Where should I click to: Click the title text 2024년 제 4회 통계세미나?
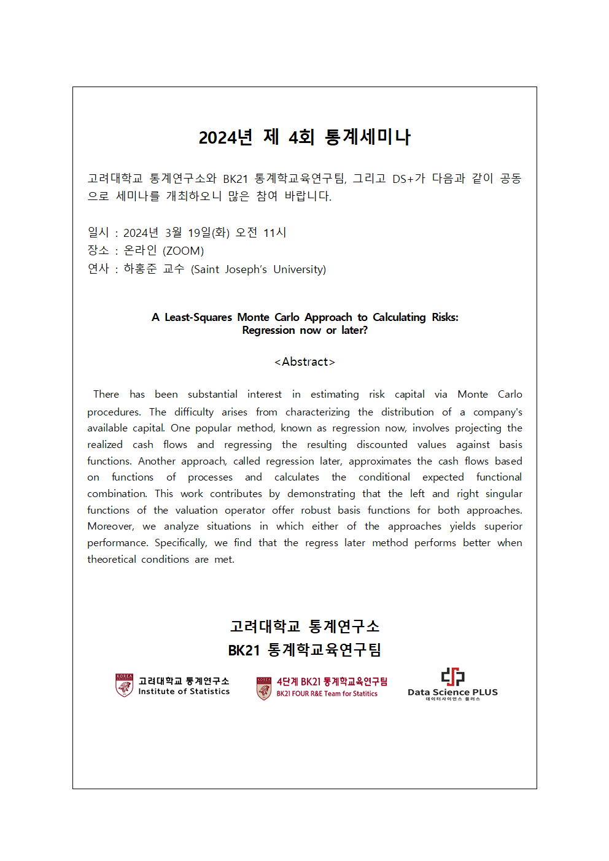tap(304, 137)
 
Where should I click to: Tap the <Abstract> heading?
tap(304, 362)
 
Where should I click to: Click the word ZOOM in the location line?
tap(183, 251)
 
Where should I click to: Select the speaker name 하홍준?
tap(140, 269)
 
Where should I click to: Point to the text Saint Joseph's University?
tap(258, 269)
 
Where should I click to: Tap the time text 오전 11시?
tap(261, 233)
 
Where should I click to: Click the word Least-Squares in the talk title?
tap(198, 317)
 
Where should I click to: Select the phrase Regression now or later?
tap(304, 330)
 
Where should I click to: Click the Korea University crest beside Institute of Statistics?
tap(124, 685)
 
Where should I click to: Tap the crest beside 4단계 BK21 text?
tap(264, 688)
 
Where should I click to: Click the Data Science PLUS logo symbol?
tap(452, 677)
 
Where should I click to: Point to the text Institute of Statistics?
tap(184, 692)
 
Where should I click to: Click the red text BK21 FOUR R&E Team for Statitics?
tap(327, 694)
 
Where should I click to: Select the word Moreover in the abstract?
tap(111, 527)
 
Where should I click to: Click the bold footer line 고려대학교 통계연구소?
tap(304, 627)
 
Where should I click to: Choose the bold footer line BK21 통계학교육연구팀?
tap(304, 650)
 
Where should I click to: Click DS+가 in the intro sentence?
tap(408, 179)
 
